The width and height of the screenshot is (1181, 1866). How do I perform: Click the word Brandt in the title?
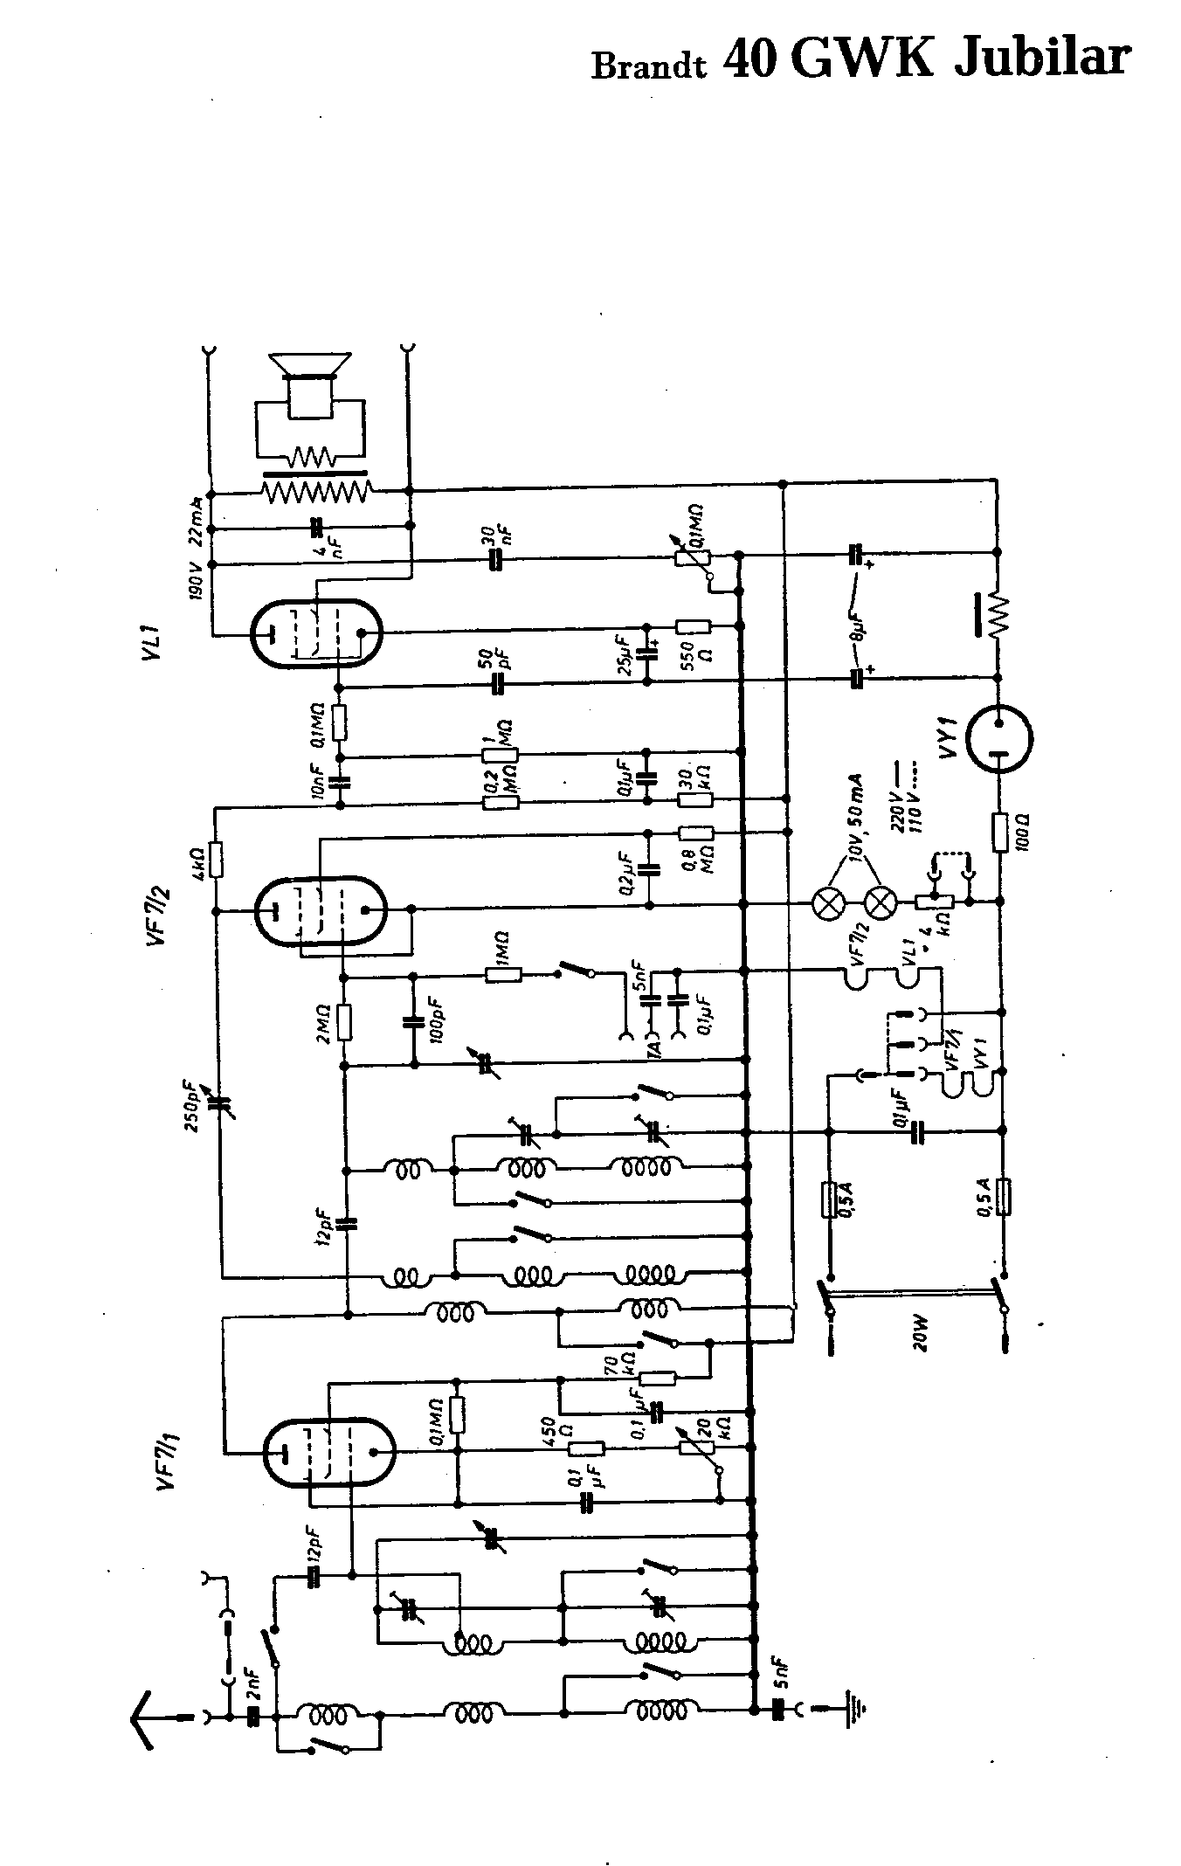648,66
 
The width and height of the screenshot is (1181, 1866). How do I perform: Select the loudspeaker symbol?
310,384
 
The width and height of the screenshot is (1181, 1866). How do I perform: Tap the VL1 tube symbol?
315,633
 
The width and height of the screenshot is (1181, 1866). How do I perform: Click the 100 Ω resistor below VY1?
1001,832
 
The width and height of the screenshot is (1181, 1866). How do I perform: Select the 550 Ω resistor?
694,626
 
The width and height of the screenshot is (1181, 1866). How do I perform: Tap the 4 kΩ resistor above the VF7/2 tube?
216,860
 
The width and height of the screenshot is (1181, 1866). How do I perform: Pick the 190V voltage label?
194,577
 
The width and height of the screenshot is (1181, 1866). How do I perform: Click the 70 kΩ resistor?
657,1379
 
